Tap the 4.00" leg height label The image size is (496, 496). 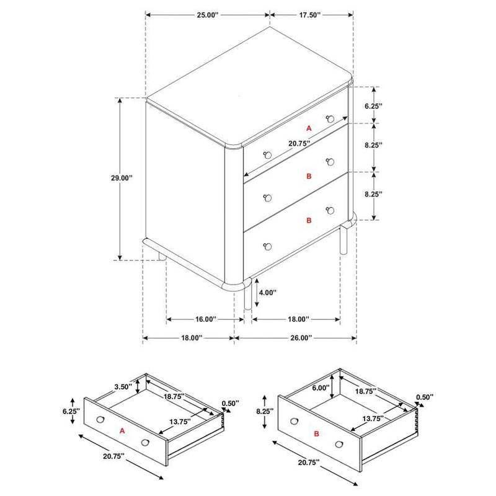267,292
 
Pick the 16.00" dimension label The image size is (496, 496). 205,319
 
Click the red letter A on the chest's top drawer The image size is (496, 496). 309,128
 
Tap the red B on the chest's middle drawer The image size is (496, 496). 309,177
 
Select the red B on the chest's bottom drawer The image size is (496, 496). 309,220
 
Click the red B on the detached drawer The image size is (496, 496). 316,434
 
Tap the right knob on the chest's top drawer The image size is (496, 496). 330,118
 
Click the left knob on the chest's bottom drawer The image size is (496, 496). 268,247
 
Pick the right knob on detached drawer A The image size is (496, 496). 146,442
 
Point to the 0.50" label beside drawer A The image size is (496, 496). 229,404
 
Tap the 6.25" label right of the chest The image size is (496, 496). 374,106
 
